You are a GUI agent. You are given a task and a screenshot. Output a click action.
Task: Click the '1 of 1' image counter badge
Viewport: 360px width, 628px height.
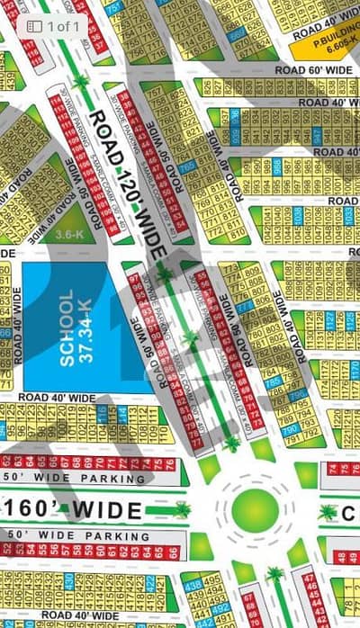point(53,26)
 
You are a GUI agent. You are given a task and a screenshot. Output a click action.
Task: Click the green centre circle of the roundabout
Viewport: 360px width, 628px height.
point(256,509)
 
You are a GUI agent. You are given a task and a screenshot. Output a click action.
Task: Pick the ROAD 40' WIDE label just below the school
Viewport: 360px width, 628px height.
point(58,397)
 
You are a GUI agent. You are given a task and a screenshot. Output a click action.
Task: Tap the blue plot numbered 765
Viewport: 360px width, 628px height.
point(187,167)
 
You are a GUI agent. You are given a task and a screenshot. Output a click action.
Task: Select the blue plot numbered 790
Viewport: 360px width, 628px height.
point(288,431)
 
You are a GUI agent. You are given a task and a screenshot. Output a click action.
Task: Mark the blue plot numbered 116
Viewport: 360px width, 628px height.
point(100,415)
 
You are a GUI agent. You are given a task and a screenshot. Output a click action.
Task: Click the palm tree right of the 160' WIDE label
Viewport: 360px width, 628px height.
point(328,511)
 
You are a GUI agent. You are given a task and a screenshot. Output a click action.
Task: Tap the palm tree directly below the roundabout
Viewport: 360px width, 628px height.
point(275,574)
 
